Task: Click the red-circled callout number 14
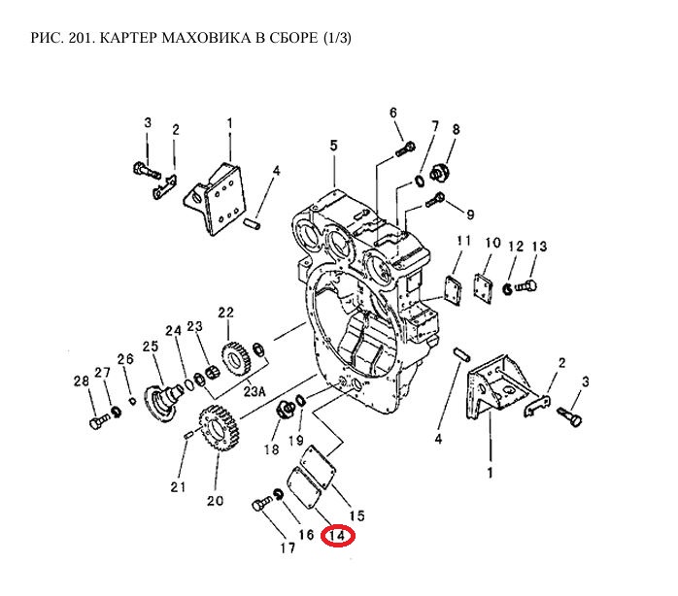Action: click(x=339, y=534)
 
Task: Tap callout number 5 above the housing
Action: click(x=332, y=146)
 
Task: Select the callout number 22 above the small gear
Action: click(x=225, y=313)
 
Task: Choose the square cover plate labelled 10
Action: click(x=483, y=287)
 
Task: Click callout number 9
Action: click(x=469, y=215)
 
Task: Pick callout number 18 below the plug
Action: click(x=272, y=449)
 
